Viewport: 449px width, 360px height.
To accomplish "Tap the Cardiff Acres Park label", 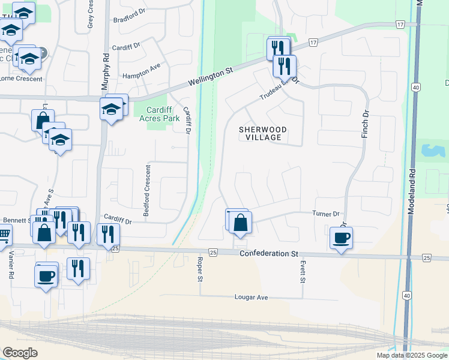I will click(x=164, y=114).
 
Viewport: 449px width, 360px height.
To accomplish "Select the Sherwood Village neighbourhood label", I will click(x=263, y=133).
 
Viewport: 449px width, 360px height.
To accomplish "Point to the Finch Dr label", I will click(x=364, y=125).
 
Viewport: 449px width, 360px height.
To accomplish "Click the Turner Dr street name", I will click(x=326, y=214).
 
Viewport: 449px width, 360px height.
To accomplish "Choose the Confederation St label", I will click(x=269, y=254).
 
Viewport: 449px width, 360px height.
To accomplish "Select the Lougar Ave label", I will click(x=250, y=298).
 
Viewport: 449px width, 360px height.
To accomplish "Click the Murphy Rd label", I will click(x=106, y=59).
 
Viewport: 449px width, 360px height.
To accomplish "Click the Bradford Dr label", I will click(x=129, y=16).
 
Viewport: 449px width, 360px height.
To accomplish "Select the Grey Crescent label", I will click(x=91, y=14).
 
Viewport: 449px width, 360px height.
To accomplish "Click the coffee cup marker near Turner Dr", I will click(x=342, y=238).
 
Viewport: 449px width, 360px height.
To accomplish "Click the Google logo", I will click(x=20, y=353).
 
